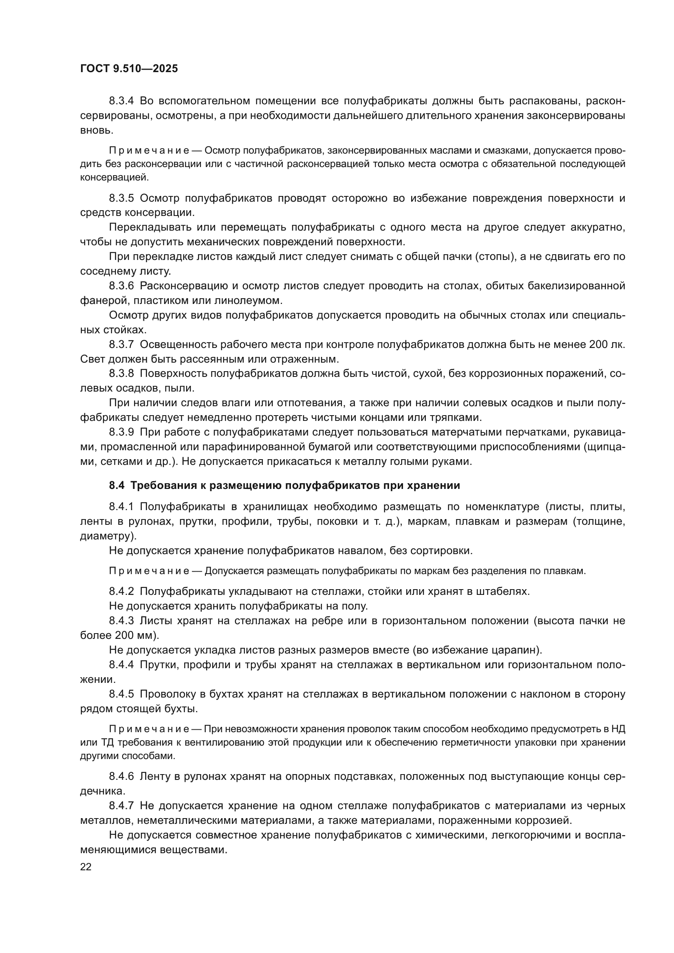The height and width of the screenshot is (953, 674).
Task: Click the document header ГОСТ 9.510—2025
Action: tap(129, 68)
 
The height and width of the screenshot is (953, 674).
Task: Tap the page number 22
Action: tap(86, 867)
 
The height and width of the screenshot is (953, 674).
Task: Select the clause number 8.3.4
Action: tap(121, 101)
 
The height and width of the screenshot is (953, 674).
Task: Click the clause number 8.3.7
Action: tap(121, 345)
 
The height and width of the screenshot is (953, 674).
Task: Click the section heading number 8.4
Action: tap(117, 485)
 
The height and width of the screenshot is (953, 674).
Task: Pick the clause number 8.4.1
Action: tap(121, 507)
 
